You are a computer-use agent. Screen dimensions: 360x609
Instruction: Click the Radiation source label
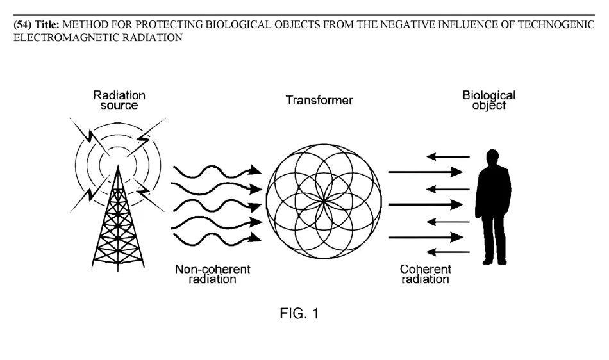119,101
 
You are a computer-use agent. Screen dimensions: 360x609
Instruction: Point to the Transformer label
323,101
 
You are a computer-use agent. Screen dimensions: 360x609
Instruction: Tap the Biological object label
489,101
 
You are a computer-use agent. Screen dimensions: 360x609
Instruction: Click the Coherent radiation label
425,274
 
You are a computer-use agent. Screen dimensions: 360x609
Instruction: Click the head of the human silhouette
492,158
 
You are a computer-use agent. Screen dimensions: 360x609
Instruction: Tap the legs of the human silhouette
492,240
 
